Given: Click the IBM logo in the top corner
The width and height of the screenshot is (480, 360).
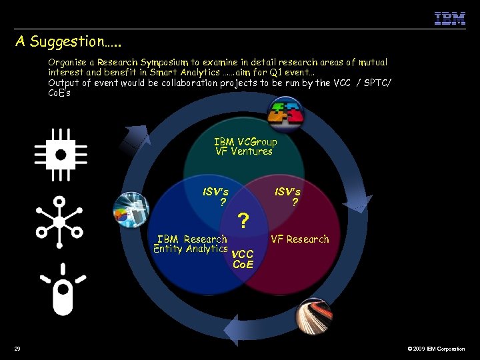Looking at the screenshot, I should click(x=449, y=18).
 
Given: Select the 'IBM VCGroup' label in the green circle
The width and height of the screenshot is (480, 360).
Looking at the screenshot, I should click(x=245, y=141).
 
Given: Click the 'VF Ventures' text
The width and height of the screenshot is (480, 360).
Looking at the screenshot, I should click(x=244, y=151).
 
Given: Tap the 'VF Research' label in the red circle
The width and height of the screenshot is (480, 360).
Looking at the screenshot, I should click(x=300, y=239).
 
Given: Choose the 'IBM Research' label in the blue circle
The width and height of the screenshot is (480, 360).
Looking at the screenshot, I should click(x=192, y=239).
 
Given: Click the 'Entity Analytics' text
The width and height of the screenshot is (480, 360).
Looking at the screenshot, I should click(x=191, y=249).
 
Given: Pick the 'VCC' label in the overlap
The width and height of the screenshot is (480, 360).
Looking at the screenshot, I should click(x=242, y=254).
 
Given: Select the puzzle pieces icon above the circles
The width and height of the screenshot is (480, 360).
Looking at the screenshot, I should click(x=285, y=115).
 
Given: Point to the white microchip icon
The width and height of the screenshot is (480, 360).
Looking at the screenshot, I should click(x=61, y=154).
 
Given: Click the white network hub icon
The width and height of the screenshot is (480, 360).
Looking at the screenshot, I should click(x=59, y=221).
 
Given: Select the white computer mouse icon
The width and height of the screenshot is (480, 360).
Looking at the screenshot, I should click(x=62, y=289).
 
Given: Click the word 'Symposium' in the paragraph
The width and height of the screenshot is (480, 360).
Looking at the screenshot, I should click(x=165, y=62).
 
